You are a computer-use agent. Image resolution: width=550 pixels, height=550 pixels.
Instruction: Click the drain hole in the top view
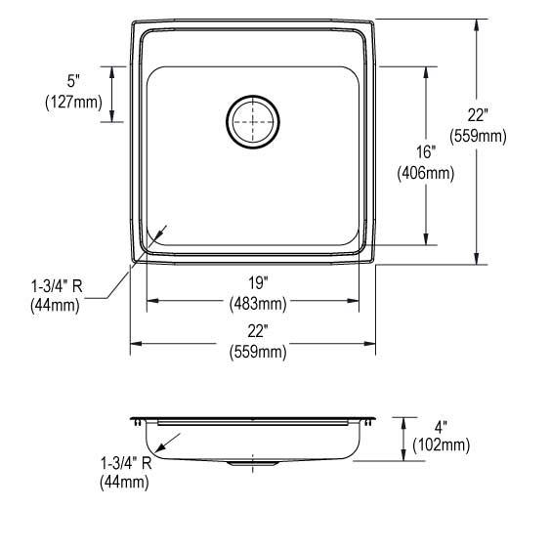(x=253, y=122)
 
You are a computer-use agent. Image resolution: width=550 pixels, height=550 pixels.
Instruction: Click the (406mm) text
(x=425, y=174)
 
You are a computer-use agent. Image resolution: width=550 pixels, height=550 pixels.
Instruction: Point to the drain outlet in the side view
(x=253, y=465)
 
